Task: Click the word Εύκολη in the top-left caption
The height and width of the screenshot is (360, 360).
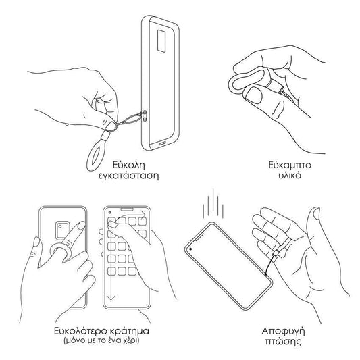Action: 129,165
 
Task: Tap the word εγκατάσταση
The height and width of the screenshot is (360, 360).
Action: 129,176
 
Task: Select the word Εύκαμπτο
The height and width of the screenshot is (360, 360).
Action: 290,165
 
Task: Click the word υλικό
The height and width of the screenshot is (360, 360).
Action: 290,175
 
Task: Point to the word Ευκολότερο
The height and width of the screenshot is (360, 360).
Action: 80,332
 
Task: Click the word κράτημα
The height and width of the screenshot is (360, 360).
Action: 130,332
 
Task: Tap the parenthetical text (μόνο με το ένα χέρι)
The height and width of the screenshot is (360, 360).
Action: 101,340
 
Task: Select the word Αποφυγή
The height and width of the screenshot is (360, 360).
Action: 283,332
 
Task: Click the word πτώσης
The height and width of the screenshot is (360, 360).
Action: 283,341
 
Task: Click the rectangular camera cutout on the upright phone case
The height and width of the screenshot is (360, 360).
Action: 161,41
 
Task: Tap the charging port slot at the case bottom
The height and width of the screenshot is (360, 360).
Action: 163,143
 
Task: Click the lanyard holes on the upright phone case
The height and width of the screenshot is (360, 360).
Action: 145,115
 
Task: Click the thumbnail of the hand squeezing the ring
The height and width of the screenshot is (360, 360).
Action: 254,95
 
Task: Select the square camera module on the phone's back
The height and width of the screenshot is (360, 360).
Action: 62,230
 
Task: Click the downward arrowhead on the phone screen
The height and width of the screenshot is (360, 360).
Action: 111,298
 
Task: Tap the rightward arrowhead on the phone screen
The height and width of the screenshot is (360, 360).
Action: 144,215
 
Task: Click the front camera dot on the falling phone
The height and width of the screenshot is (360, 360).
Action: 190,249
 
